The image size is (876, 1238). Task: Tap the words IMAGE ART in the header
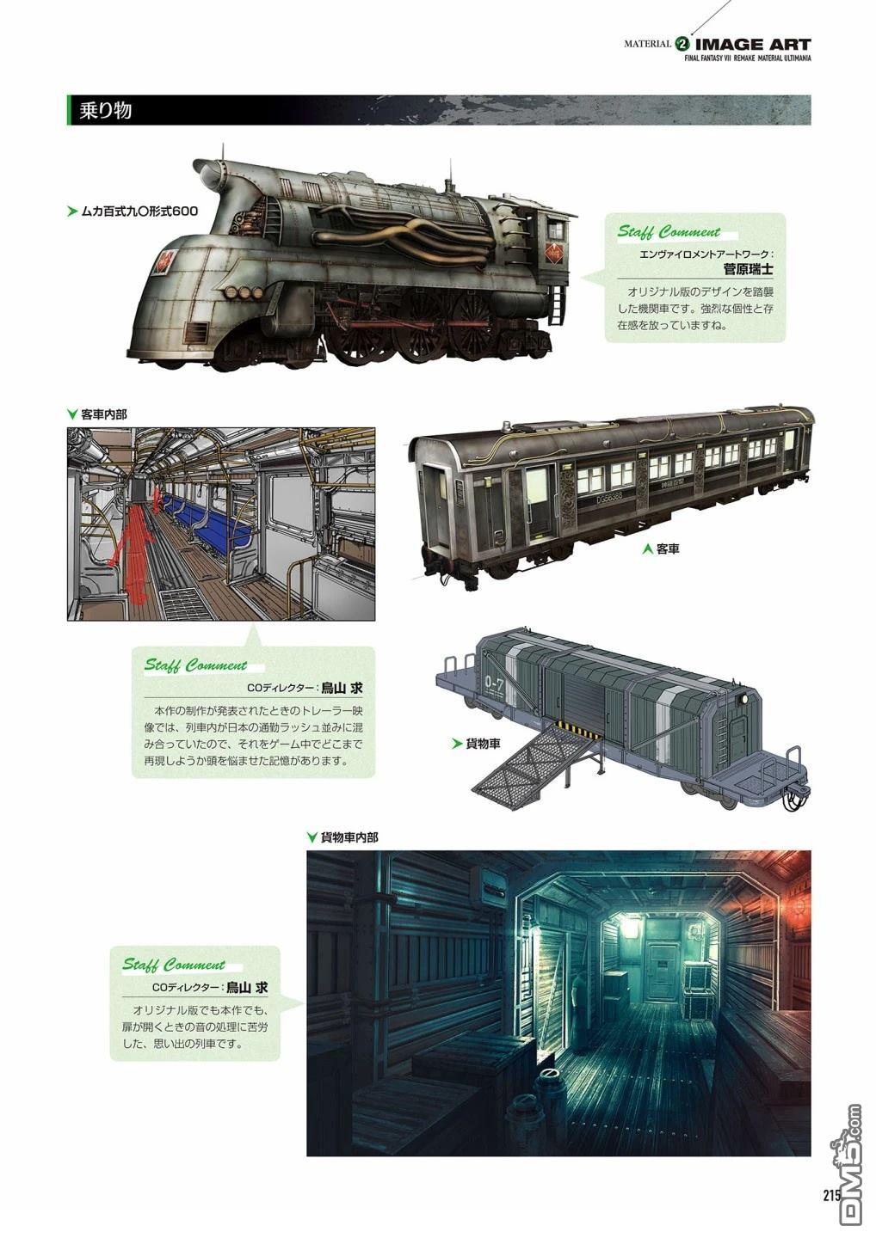(x=752, y=44)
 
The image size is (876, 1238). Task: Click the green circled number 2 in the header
(x=683, y=44)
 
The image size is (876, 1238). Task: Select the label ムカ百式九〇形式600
(x=139, y=211)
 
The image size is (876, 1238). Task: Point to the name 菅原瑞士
(x=748, y=269)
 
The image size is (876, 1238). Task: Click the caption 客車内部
(x=103, y=414)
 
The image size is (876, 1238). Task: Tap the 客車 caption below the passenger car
(x=668, y=549)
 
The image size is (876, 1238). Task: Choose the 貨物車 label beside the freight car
(x=483, y=744)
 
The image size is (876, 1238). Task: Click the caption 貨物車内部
(x=349, y=837)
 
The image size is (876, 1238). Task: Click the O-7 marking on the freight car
(x=494, y=685)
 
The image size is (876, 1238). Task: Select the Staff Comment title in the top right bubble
(x=669, y=231)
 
